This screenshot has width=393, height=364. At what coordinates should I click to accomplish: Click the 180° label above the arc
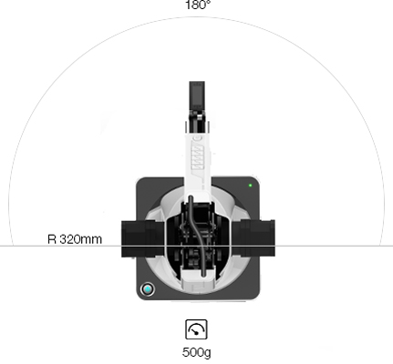pos(198,5)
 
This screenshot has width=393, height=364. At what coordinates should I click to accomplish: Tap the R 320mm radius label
pos(75,239)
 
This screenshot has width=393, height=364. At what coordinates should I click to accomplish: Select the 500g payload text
pos(196,352)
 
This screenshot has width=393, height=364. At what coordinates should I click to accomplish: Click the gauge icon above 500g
pos(196,329)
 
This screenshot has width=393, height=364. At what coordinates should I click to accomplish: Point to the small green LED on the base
pos(250,186)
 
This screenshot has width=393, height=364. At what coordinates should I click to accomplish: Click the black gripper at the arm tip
pos(197,96)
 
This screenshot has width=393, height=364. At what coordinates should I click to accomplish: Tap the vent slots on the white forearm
pos(197,157)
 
